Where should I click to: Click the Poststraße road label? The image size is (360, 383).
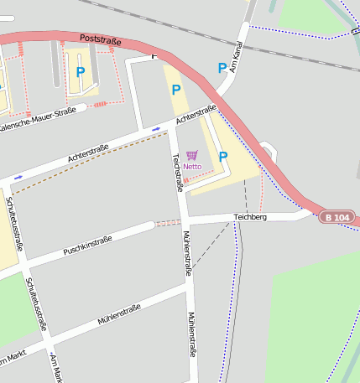101,39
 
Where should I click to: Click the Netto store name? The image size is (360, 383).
192,166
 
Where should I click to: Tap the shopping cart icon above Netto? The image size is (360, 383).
192,155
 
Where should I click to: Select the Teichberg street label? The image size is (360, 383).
250,217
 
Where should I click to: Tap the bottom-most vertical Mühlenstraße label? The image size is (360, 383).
191,335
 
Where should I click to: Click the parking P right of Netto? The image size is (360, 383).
222,157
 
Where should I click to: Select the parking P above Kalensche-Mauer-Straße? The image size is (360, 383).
81,73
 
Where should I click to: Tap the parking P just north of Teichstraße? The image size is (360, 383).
176,90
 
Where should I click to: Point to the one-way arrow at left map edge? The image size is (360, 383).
18,178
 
